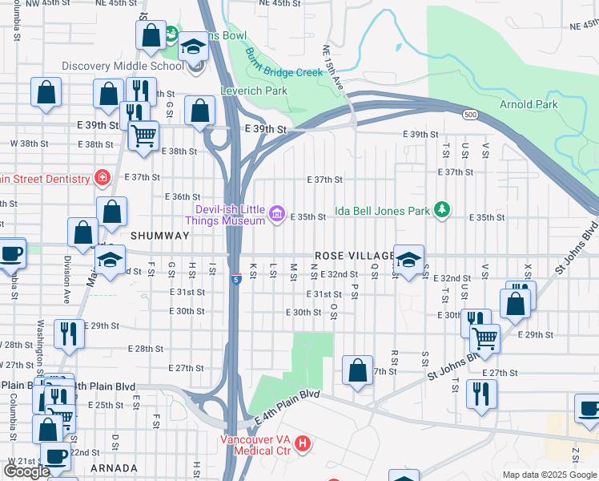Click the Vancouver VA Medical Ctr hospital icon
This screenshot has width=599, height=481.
point(302,443)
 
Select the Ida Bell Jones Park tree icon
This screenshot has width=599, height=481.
point(440,210)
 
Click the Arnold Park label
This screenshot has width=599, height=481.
point(528,104)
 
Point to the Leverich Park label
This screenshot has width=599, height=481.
point(254,91)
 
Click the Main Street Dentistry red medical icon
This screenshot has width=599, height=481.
point(102,177)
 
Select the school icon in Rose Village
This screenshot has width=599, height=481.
point(408,260)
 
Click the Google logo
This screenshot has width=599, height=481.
point(27,471)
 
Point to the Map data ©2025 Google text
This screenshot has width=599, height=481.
point(549,475)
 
